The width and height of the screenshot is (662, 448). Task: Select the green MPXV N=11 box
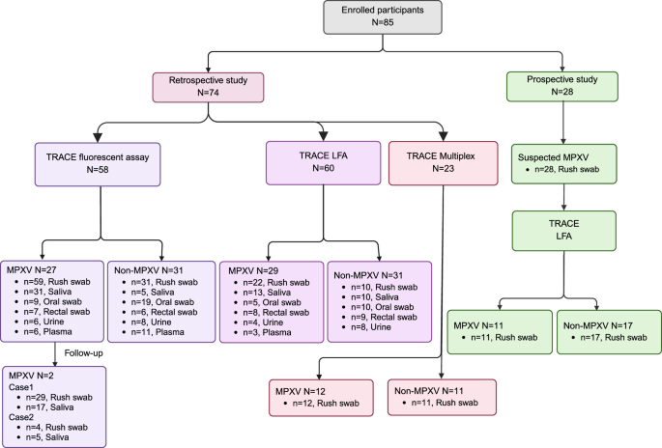click(x=497, y=331)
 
